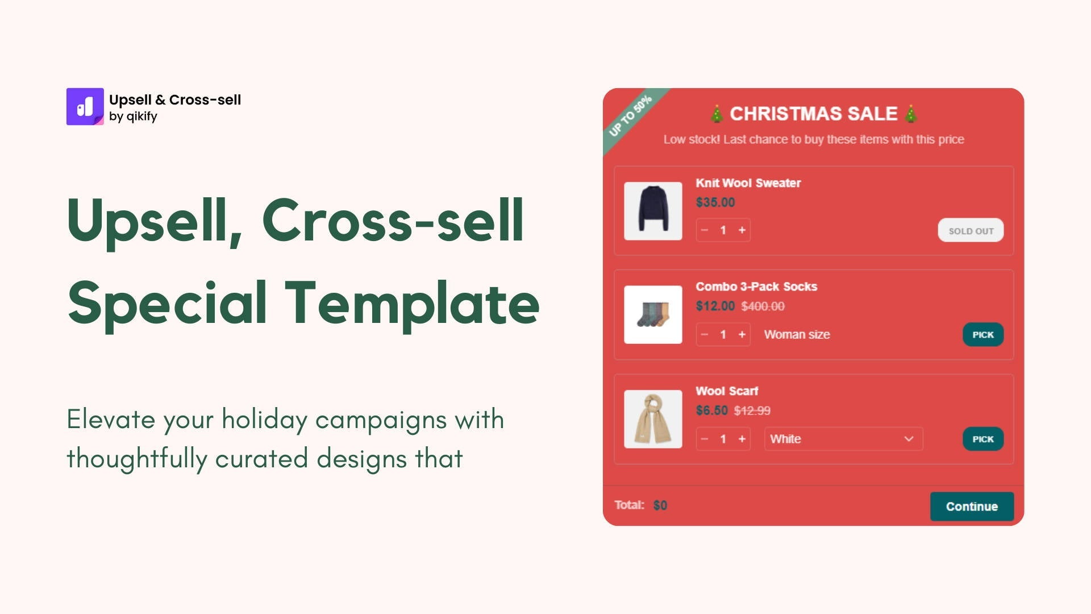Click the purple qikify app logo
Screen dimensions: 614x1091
[x=85, y=106]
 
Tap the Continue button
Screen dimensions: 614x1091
[x=972, y=506]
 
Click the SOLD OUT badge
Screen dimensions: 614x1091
[x=971, y=231]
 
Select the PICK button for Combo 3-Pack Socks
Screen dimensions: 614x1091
[x=982, y=335]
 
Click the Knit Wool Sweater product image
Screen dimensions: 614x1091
[x=653, y=211]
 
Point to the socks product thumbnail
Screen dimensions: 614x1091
[x=653, y=314]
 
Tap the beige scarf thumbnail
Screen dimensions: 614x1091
[x=653, y=419]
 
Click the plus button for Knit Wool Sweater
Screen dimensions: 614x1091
[x=742, y=230]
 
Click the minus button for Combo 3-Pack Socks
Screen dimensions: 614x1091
[x=705, y=334]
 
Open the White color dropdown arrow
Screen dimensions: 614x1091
[x=909, y=439]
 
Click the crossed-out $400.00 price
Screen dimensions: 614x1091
[x=763, y=306]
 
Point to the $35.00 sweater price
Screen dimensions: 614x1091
[x=715, y=202]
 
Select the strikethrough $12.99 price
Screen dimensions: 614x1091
[x=752, y=410]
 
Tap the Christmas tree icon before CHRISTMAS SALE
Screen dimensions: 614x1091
[x=717, y=114]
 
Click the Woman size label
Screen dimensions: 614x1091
[x=797, y=334]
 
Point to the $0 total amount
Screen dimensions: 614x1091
[x=660, y=505]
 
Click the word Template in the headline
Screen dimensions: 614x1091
[x=412, y=303]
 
